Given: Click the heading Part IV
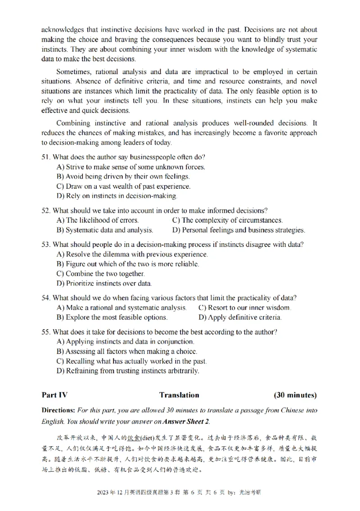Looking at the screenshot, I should coord(54,395).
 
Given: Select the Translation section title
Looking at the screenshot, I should coord(179,395).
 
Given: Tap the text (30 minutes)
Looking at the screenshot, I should coord(295,395).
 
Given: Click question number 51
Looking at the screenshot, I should coord(46,157).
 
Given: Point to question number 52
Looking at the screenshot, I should coord(46,210).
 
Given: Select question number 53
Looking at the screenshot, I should coord(46,244).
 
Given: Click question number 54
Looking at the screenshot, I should coord(46,297).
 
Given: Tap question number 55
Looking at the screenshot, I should coord(46,332).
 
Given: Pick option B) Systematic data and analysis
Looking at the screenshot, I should coord(105,230).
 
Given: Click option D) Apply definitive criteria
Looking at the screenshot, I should coord(240,318).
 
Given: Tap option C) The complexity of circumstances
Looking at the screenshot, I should coord(228,220).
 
